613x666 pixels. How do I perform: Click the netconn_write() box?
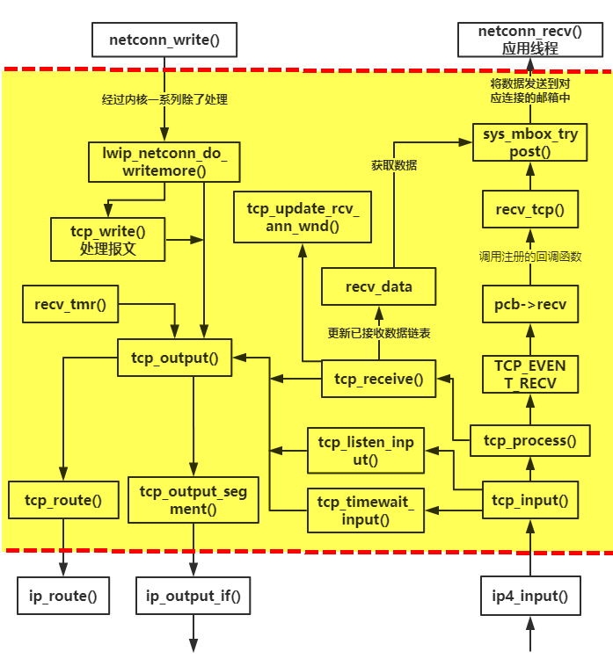[x=164, y=40]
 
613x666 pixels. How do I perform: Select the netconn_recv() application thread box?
[x=529, y=40]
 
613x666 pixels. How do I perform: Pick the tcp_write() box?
[x=107, y=239]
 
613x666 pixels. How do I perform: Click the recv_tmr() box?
[x=69, y=305]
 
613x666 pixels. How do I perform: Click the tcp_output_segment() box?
[x=193, y=500]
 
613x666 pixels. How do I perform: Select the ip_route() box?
[x=63, y=597]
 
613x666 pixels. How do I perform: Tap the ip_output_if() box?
[x=193, y=597]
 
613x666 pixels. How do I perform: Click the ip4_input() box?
[x=529, y=597]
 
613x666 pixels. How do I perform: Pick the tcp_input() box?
[x=529, y=500]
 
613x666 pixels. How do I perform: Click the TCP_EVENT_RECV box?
[x=529, y=373]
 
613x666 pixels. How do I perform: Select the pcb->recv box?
[x=529, y=305]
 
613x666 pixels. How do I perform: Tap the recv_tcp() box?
[x=529, y=211]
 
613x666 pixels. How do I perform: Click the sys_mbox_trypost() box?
[x=529, y=142]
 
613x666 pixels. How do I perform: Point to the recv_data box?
[x=378, y=286]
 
